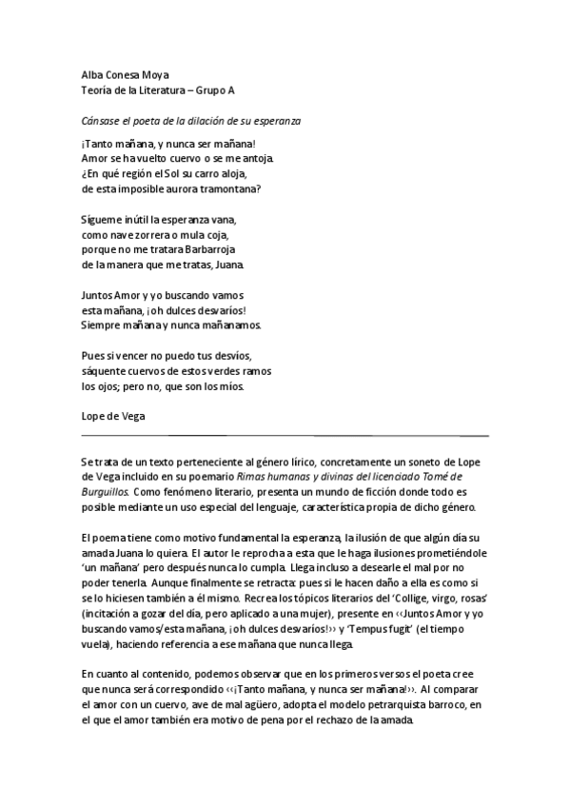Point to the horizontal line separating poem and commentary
[x=285, y=435]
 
